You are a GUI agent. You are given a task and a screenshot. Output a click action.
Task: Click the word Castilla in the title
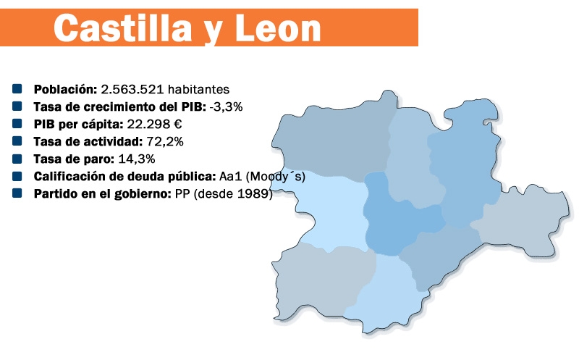[123, 28]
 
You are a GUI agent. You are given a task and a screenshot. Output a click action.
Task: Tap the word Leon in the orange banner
[278, 28]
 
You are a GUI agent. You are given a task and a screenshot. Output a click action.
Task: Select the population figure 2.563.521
[132, 89]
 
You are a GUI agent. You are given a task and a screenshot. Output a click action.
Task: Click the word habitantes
[198, 89]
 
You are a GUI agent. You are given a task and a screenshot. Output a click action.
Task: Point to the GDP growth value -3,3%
[226, 106]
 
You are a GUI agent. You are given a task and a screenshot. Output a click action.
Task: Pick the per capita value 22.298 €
[154, 124]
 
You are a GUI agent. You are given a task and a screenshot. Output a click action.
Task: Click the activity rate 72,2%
[165, 141]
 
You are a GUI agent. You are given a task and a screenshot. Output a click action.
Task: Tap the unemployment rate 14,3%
[137, 159]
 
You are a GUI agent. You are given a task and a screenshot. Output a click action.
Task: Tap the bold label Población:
[65, 89]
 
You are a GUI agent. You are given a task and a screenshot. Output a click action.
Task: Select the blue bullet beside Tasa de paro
[17, 159]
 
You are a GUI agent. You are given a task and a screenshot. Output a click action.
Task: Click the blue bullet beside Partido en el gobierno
[17, 193]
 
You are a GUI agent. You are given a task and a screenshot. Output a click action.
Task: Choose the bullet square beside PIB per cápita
[17, 124]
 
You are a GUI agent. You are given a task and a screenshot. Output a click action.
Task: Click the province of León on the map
[332, 141]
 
